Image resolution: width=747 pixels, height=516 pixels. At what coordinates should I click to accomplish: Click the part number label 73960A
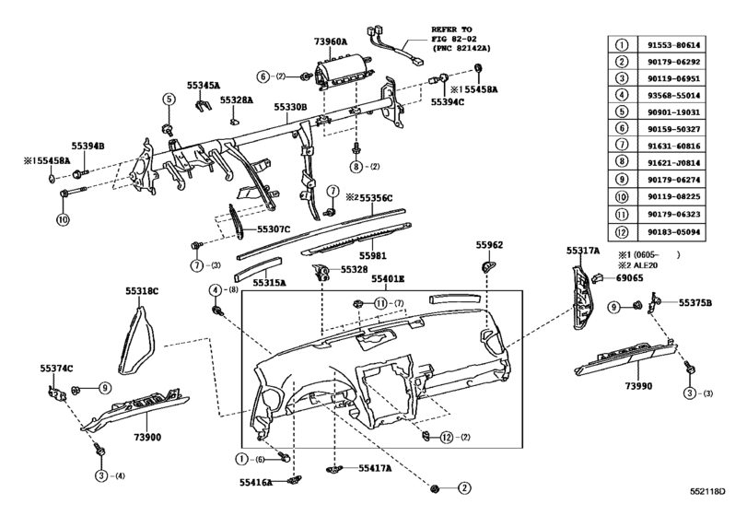click(330, 42)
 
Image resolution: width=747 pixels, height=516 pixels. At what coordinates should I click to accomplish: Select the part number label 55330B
click(289, 107)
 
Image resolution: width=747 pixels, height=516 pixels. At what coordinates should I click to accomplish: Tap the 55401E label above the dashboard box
click(389, 277)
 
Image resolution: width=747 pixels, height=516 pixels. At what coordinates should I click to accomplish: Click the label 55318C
click(143, 291)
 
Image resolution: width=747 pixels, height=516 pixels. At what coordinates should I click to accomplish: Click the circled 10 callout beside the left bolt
click(63, 220)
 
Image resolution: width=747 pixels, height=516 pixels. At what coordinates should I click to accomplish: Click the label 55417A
click(375, 469)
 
